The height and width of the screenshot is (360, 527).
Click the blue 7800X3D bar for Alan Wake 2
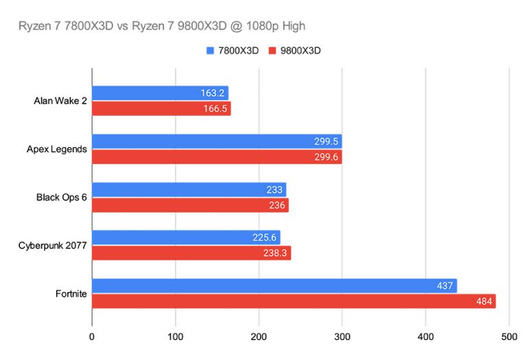coord(161,93)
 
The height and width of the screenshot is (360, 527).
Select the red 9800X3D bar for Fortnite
coord(294,301)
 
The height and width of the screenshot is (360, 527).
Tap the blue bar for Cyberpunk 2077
coord(186,237)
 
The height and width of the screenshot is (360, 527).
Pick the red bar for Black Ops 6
coord(190,205)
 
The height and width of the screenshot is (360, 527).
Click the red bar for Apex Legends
coord(217,157)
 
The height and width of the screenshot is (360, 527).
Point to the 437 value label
coord(445,286)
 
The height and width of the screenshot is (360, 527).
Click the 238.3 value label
coord(275,253)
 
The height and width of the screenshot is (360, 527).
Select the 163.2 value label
coord(213,93)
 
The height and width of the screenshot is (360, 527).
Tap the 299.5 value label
coord(326,141)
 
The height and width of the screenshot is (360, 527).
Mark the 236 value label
coord(277,205)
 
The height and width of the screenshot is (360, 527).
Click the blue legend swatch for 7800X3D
coord(210,51)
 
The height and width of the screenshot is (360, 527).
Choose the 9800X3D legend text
coord(301,51)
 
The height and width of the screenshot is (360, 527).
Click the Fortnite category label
coord(71,294)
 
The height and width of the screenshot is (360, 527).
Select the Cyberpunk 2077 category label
coord(52,245)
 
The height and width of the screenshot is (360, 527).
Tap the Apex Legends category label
coord(57,149)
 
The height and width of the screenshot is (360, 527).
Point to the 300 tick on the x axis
coord(342,337)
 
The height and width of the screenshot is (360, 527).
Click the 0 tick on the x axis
coord(92,337)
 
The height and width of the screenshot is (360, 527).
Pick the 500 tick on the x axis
coord(509,337)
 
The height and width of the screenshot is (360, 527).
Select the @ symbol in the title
coord(237,26)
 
